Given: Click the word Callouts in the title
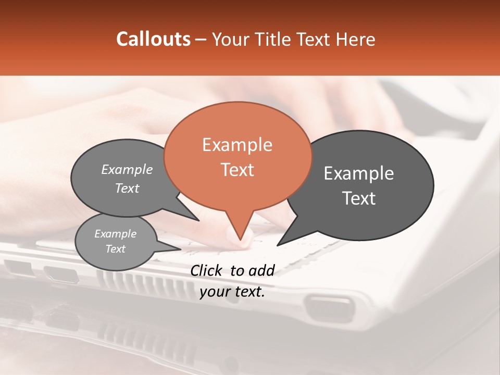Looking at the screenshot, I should (153, 39).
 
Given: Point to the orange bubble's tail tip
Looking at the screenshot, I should (240, 240).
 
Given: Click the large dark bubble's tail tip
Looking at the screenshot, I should (277, 245).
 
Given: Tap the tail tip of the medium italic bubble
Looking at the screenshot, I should (199, 220).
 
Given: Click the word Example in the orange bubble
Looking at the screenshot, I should (237, 145).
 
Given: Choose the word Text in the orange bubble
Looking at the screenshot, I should (238, 170).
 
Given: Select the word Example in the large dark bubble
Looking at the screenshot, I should (359, 173).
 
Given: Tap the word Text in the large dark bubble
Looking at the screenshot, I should (359, 198).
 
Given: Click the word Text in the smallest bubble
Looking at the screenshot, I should (116, 249).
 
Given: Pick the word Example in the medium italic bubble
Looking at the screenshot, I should (127, 169).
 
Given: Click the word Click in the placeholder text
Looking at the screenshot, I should (207, 270).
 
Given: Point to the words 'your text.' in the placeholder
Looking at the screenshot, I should (232, 292).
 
